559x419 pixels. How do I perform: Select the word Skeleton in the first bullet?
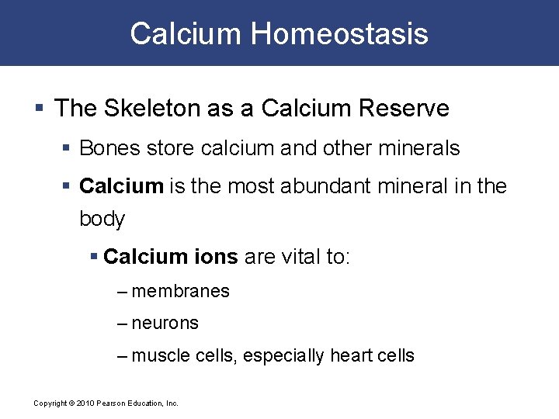(x=151, y=108)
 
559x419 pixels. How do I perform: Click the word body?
(x=102, y=219)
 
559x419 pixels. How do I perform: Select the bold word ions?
(x=217, y=256)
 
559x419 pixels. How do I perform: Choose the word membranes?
(x=181, y=292)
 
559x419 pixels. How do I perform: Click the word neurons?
(x=165, y=324)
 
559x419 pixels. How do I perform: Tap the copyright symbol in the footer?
(x=71, y=403)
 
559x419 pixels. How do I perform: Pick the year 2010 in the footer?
(x=85, y=403)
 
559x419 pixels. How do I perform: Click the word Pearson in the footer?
(x=111, y=403)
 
